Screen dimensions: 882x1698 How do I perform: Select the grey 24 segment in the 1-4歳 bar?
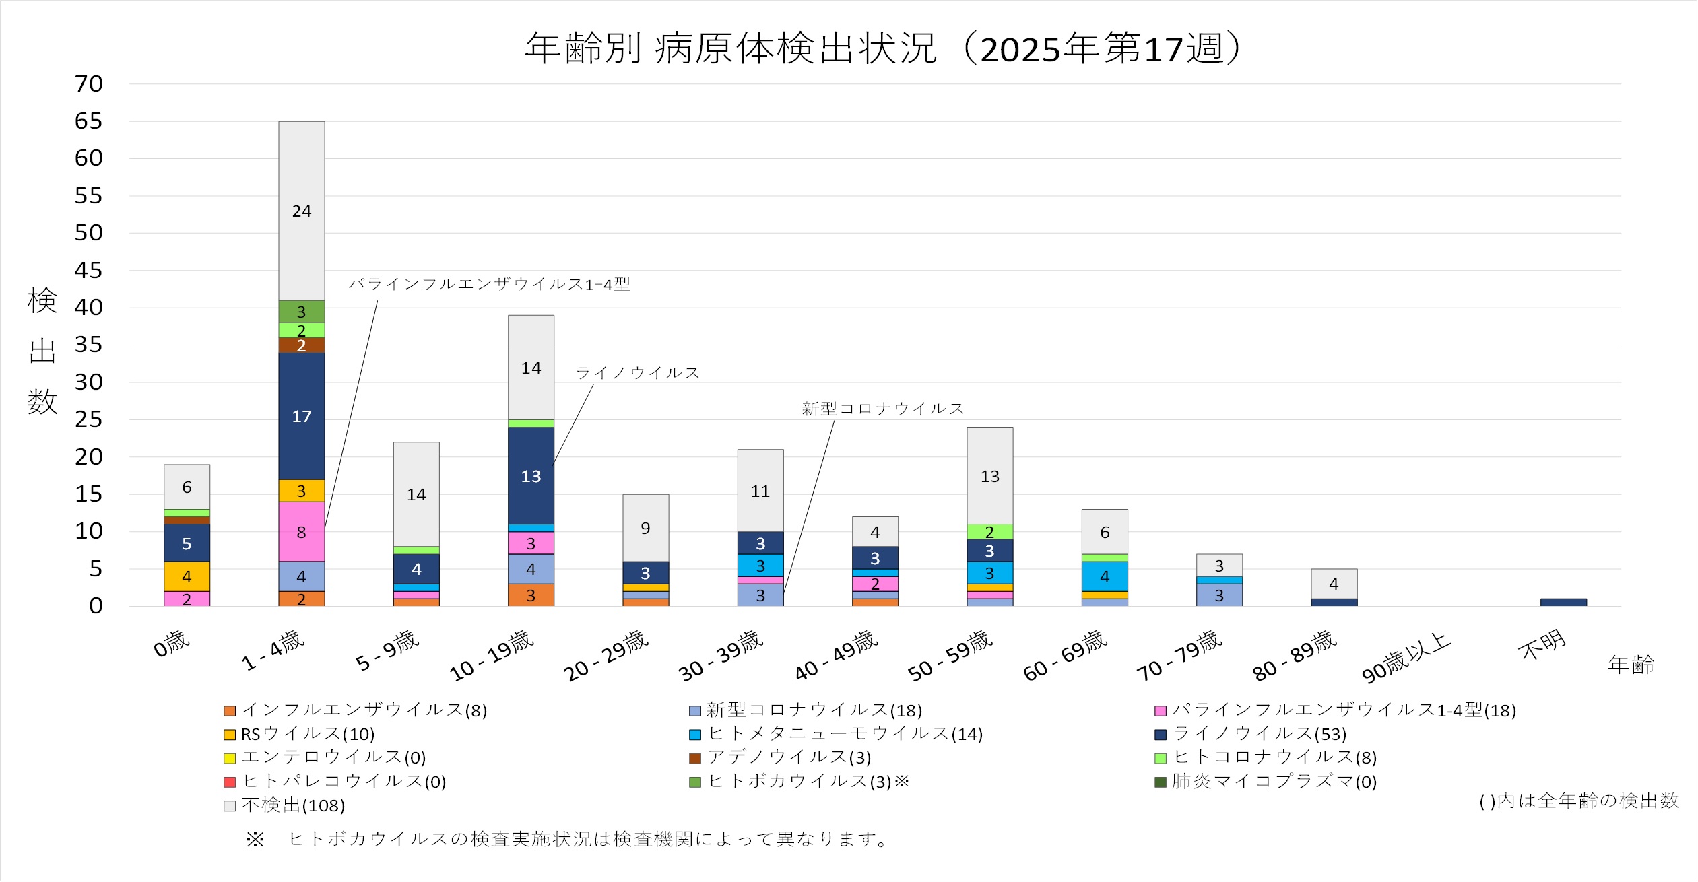pos(302,211)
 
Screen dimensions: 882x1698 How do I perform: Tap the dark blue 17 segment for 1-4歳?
pos(302,416)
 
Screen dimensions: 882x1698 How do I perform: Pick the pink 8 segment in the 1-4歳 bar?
pos(302,532)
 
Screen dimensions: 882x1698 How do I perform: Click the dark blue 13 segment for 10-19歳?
pos(531,476)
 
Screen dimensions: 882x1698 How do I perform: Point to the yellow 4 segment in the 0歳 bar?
pos(187,576)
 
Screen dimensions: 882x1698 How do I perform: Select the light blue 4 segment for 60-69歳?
pos(1105,576)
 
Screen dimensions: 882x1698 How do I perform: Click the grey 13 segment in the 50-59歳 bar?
pos(989,476)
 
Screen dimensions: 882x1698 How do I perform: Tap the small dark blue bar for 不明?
pos(1563,602)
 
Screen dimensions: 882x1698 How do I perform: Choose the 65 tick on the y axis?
pos(88,121)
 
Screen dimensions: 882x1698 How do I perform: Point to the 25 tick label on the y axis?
pos(88,419)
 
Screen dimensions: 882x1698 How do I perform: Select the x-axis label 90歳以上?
pos(1406,656)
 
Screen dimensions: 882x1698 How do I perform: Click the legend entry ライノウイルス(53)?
pos(1260,734)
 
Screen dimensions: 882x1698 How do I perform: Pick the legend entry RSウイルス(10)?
pos(308,734)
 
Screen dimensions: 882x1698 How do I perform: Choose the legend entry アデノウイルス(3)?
pos(789,757)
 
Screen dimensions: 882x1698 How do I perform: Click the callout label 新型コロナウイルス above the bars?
pos(882,409)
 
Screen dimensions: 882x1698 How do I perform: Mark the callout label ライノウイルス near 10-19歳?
pos(637,373)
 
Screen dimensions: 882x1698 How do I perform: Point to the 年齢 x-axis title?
pos(1631,665)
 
